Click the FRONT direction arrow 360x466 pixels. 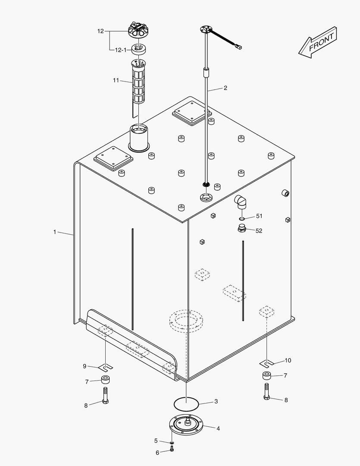[x=318, y=42]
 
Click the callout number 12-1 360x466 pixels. [x=121, y=50]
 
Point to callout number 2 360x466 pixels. [x=225, y=88]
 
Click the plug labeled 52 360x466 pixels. [x=242, y=228]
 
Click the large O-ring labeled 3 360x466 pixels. [x=187, y=404]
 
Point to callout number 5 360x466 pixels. [x=156, y=441]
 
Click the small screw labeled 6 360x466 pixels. [x=172, y=450]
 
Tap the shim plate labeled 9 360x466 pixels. [x=106, y=367]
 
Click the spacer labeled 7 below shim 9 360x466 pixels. [x=106, y=380]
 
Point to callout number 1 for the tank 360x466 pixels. [x=55, y=232]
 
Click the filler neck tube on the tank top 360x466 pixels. [x=139, y=138]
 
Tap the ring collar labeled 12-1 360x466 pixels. [x=138, y=49]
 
